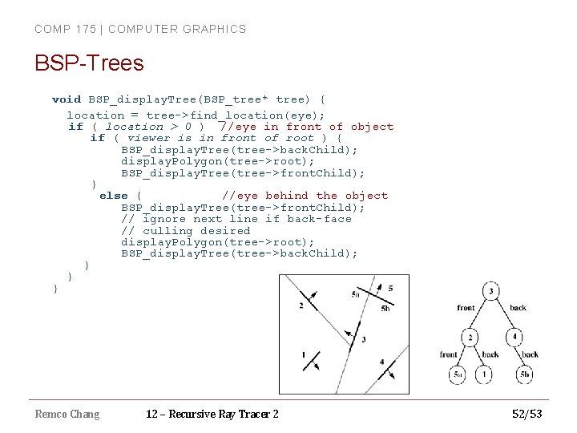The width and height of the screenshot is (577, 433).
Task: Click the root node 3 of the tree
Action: pyautogui.click(x=491, y=292)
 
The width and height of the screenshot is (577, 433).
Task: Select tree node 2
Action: pyautogui.click(x=471, y=337)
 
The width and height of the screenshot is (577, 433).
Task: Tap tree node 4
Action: pyautogui.click(x=516, y=337)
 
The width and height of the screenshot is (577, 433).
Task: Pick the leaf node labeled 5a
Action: pyautogui.click(x=458, y=374)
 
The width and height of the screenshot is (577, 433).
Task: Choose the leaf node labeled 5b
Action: pyautogui.click(x=525, y=374)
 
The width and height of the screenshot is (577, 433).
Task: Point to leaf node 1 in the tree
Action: pyautogui.click(x=485, y=374)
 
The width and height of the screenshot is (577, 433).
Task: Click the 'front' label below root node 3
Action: pyautogui.click(x=466, y=308)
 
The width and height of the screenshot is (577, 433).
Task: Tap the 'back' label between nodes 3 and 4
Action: pyautogui.click(x=518, y=308)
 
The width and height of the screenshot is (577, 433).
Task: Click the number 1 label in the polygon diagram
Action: pyautogui.click(x=303, y=354)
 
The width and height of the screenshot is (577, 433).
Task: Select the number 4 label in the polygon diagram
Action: pyautogui.click(x=381, y=362)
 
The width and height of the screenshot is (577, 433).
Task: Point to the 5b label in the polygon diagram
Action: pyautogui.click(x=385, y=309)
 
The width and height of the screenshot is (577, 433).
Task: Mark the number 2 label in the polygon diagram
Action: pyautogui.click(x=301, y=306)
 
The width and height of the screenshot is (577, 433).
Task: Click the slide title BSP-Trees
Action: pyautogui.click(x=89, y=63)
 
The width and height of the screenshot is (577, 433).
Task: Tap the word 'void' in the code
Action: pyautogui.click(x=66, y=99)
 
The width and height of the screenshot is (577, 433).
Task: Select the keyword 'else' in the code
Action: pyautogui.click(x=113, y=196)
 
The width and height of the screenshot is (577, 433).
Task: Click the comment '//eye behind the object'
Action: pyautogui.click(x=305, y=196)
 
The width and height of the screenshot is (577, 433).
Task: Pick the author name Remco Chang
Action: pyautogui.click(x=67, y=414)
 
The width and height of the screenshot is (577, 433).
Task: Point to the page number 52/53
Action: pyautogui.click(x=527, y=414)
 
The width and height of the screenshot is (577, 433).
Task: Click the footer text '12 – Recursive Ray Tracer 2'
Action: pyautogui.click(x=212, y=414)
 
